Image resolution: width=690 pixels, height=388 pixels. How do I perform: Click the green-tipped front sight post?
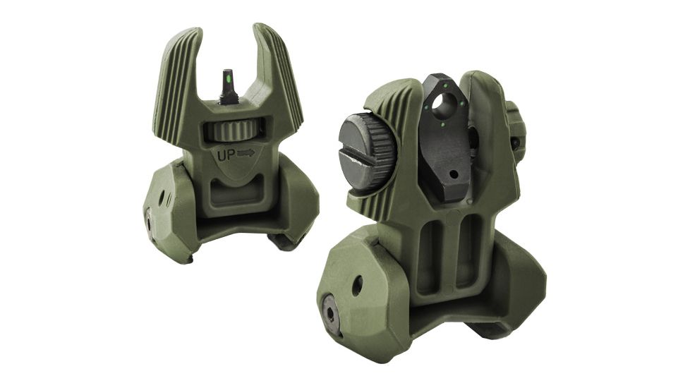[228, 85]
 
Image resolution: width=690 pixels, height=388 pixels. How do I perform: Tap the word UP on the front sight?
[225, 152]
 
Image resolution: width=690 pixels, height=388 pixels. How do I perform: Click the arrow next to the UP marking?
[246, 152]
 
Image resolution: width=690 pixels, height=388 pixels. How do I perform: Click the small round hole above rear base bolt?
[357, 285]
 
